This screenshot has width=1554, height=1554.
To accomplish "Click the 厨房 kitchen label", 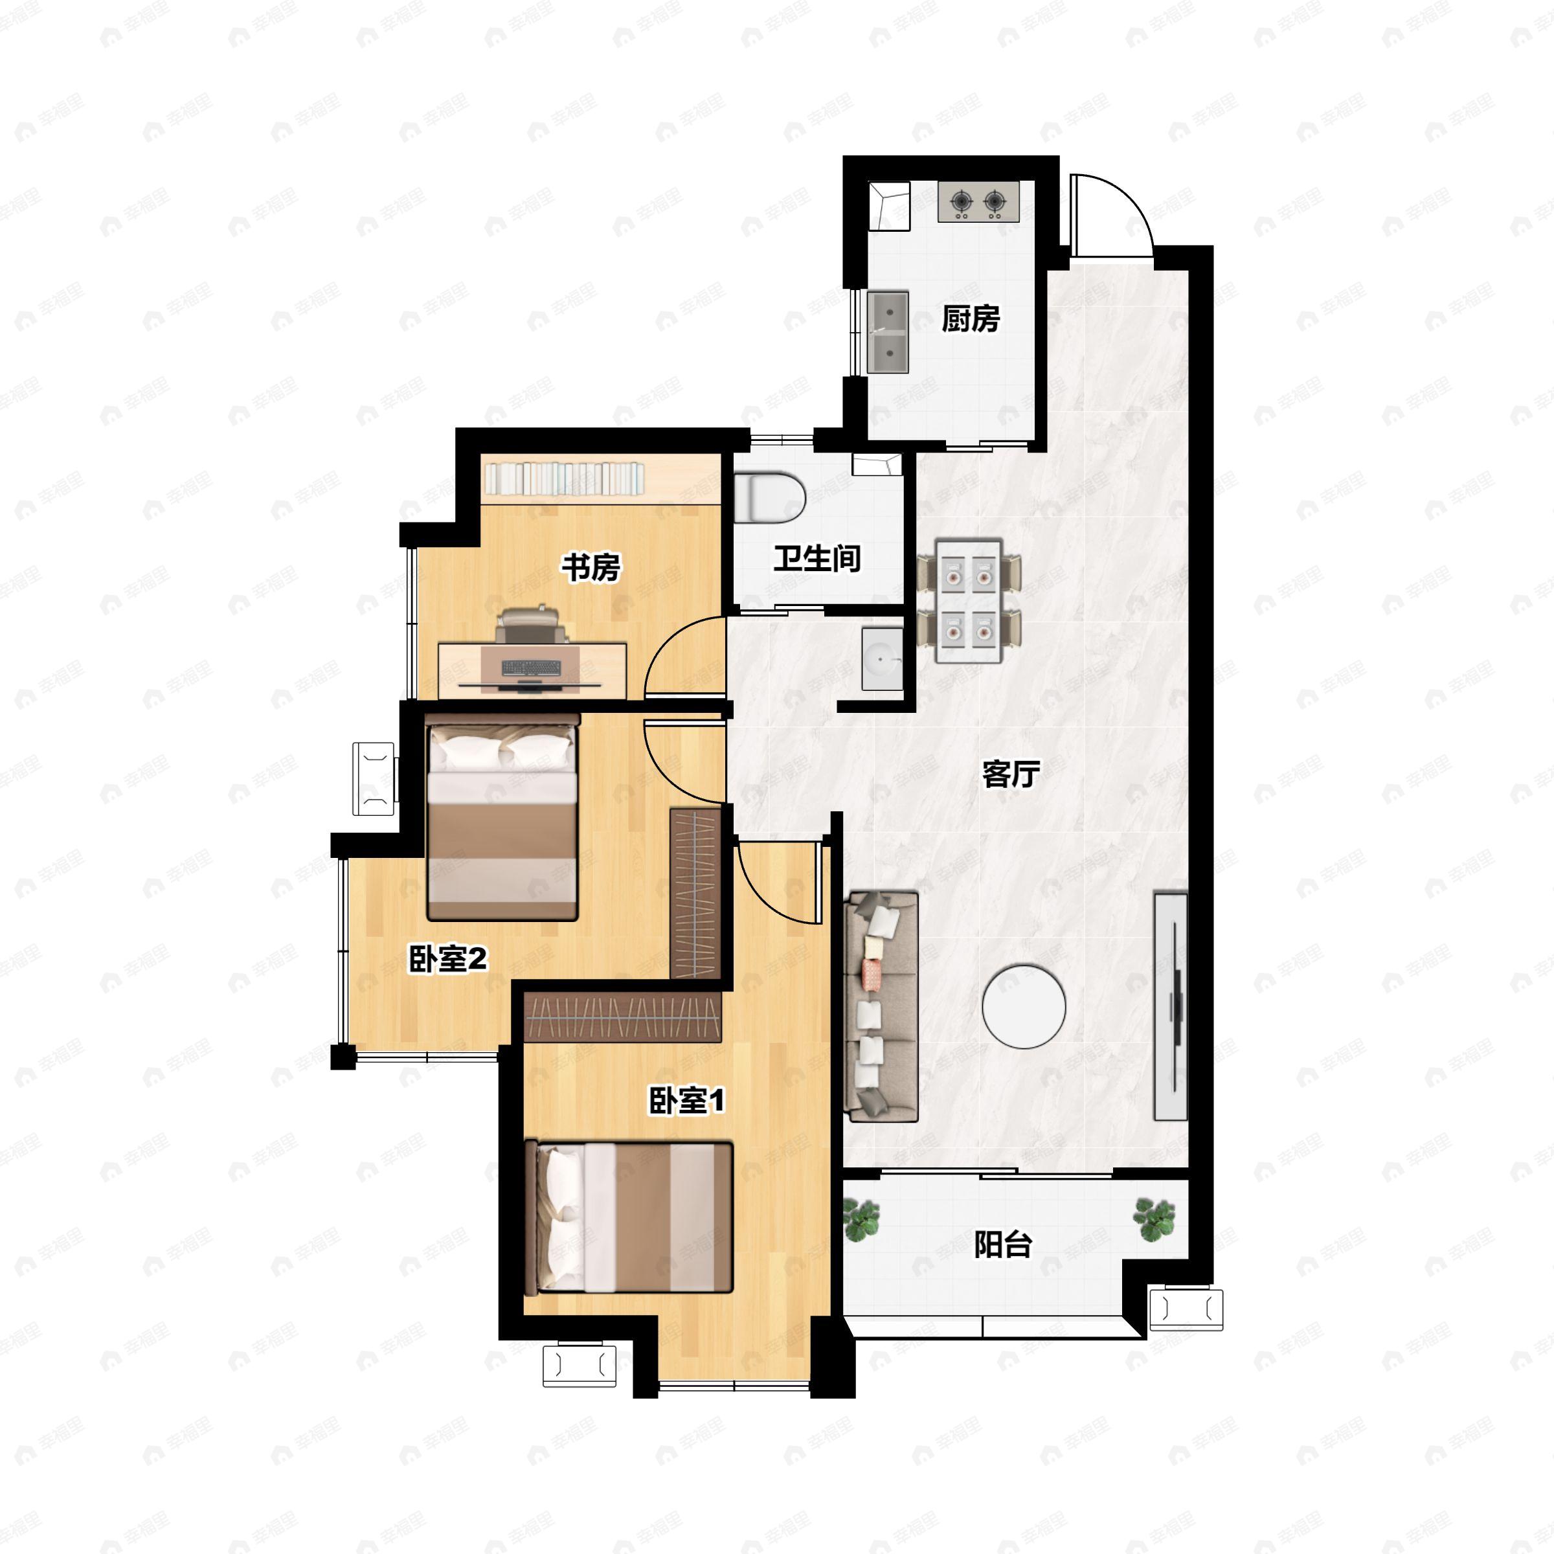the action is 971,319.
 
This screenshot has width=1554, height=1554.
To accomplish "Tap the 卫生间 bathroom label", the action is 817,558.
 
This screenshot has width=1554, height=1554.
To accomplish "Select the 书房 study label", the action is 591,567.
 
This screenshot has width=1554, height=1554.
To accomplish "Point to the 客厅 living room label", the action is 1011,774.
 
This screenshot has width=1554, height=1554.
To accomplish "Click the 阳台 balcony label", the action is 1003,1244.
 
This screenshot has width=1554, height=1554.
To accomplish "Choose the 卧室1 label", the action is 687,1101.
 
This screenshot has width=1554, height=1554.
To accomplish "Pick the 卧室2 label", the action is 448,959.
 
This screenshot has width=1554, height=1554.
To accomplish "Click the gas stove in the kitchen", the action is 978,201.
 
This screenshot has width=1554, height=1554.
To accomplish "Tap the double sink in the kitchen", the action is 888,332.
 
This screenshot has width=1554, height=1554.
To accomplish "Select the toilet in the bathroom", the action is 770,497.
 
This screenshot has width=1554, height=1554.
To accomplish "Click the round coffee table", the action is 1024,1006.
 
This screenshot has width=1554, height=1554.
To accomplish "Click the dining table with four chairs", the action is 969,602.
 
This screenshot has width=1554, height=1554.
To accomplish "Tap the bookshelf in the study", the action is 563,479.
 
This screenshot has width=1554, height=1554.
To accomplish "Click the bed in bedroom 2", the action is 502,817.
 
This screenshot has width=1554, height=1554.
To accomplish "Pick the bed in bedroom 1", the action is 628,1218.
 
